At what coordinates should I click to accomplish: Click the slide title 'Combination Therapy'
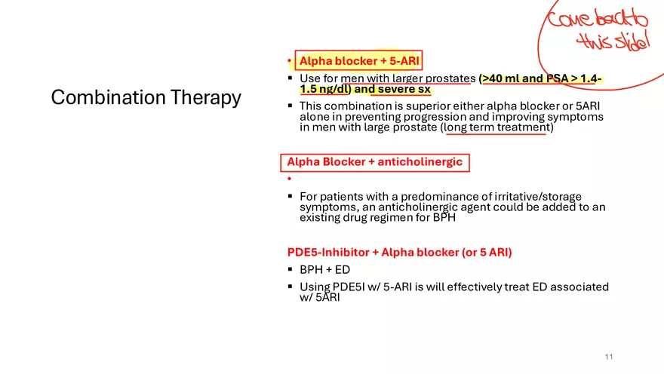(146, 97)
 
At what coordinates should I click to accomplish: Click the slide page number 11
(608, 357)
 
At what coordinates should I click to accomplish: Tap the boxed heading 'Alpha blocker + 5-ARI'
(358, 60)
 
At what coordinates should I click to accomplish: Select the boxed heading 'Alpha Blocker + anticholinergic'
(375, 162)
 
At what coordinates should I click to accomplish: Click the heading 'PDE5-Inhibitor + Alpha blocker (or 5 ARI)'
(399, 252)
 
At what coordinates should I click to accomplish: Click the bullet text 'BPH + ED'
(324, 269)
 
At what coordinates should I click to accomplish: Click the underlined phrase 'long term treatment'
(496, 127)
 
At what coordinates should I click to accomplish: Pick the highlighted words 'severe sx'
(404, 89)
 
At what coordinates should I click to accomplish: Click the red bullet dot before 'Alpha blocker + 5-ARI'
(289, 61)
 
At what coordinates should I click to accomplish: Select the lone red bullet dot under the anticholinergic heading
(289, 179)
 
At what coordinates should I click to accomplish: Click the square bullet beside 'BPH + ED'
(290, 268)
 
